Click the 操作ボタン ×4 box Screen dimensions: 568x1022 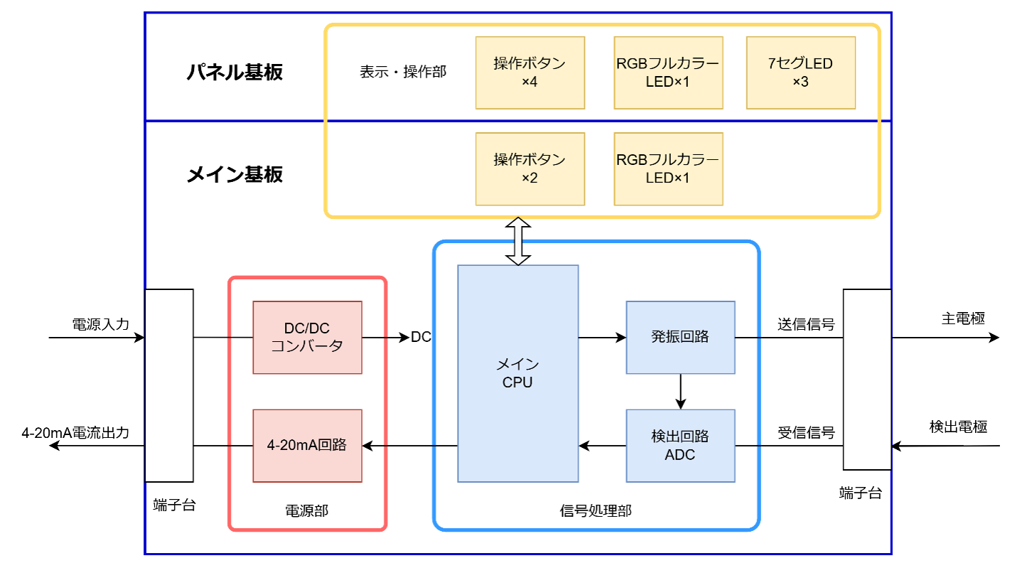point(529,73)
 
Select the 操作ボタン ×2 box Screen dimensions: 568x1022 point(529,168)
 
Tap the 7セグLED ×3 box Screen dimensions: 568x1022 point(800,73)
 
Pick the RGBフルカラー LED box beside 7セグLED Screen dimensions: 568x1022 point(668,73)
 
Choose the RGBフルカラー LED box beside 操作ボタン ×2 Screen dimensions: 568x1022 point(668,168)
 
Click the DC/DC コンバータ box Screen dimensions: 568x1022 point(307,337)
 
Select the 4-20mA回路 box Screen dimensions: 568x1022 point(307,445)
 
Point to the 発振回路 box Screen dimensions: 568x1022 point(680,337)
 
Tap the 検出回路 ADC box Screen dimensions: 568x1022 point(680,445)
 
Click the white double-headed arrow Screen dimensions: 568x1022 point(518,241)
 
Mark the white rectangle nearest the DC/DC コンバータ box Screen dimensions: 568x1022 point(169,385)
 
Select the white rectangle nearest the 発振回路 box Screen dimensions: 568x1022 point(867,379)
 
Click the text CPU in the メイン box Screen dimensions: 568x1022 point(517,382)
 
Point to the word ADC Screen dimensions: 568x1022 point(680,455)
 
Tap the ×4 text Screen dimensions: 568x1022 point(529,82)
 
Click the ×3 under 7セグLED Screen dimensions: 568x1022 point(800,82)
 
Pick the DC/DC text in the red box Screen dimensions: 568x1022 point(307,328)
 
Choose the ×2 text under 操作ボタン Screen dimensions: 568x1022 point(529,178)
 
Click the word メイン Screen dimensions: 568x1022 point(517,365)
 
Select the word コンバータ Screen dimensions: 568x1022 point(307,346)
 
